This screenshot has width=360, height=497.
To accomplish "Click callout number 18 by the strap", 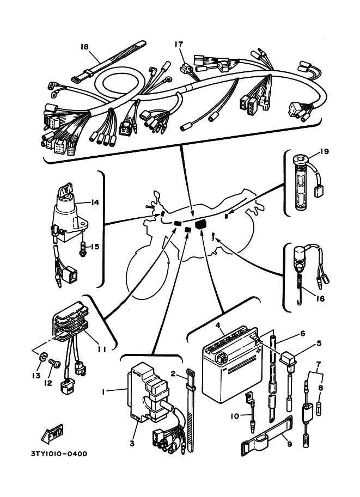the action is point(84,47).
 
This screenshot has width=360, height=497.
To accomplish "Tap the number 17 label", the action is point(179,44).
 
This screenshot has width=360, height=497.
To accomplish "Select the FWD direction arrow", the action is point(52,434).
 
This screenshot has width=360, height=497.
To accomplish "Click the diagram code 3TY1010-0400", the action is point(59,453).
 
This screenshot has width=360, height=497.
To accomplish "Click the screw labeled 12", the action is point(54,364).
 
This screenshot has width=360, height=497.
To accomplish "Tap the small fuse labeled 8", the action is point(319,409).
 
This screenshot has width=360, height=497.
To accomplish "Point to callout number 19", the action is point(324,151).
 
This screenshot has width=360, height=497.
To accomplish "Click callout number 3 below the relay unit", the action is point(132,443).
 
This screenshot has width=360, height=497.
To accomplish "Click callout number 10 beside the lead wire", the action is point(234,416).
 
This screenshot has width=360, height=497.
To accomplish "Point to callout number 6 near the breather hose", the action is point(302,334).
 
